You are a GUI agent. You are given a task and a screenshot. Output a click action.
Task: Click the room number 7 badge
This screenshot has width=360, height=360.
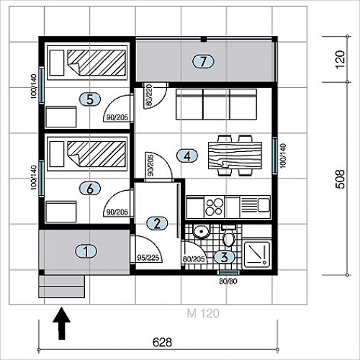[x=203, y=61]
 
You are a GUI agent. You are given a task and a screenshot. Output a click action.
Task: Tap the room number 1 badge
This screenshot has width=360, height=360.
[x=86, y=251]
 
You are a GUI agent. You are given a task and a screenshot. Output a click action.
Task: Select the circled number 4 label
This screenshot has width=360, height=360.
[x=187, y=156]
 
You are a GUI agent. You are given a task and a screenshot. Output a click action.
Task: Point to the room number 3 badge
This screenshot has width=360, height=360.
[x=224, y=257]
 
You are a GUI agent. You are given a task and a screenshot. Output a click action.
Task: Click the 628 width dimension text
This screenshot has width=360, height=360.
[x=162, y=342]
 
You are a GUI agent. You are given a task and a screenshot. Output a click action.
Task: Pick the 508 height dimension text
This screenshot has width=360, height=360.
[x=341, y=179]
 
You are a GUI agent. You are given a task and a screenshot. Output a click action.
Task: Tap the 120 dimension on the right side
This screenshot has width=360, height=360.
[x=341, y=60]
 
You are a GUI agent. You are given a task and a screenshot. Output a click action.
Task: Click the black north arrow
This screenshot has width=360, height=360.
[x=62, y=323]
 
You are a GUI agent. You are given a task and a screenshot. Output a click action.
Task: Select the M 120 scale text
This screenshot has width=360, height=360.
[x=203, y=313]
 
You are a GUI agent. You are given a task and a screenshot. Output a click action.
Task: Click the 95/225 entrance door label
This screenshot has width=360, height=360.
[x=148, y=258]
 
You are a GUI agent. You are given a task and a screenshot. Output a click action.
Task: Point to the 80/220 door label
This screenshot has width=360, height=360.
[x=149, y=95]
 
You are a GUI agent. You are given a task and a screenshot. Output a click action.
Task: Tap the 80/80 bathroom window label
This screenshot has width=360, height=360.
[x=228, y=281]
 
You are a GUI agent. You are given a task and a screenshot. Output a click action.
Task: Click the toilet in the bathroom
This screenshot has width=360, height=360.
[x=229, y=235]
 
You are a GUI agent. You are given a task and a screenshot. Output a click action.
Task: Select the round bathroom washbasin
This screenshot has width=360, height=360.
[x=201, y=231]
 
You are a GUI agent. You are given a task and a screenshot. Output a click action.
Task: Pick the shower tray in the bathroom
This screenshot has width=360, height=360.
[x=256, y=254]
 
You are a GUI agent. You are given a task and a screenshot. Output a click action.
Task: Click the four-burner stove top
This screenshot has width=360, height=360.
[x=214, y=207]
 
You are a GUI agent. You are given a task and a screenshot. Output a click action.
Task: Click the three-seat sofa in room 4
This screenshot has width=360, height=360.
[x=216, y=104]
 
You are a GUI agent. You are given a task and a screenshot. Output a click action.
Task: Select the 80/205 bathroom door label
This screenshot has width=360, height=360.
[x=194, y=259]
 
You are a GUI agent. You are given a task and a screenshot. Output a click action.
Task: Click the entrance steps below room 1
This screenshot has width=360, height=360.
[x=62, y=287]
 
